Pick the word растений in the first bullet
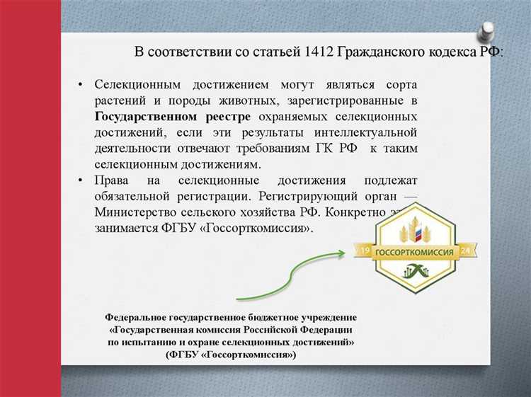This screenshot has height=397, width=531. [118, 100]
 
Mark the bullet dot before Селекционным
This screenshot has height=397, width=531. [81, 85]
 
